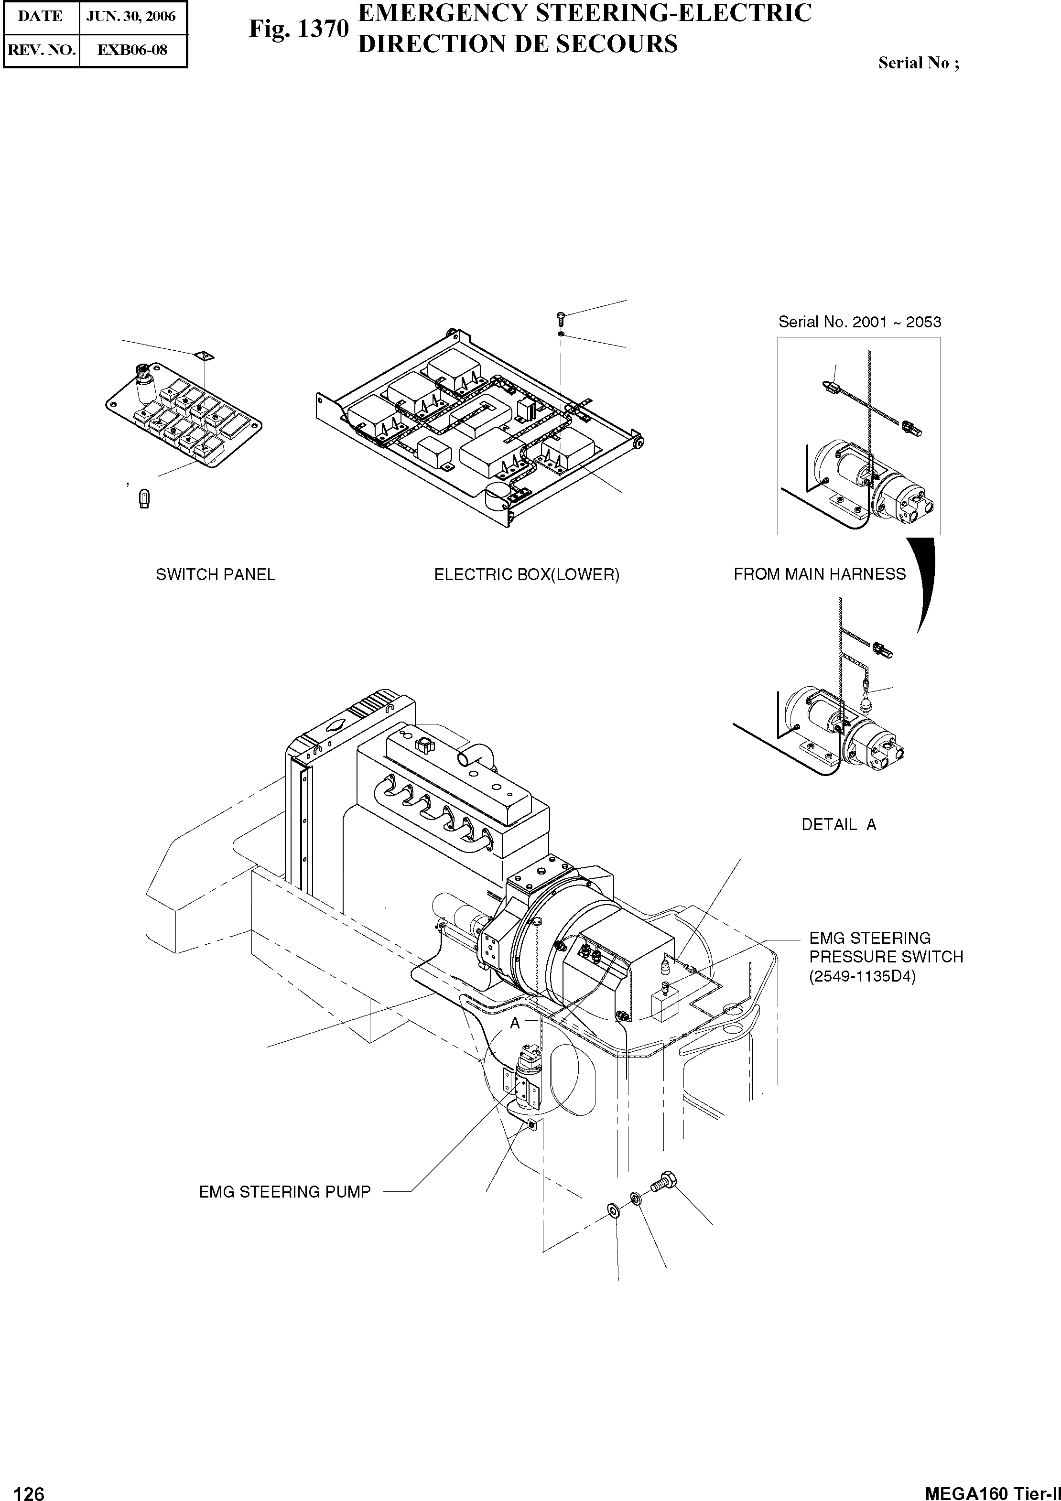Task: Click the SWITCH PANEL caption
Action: [x=215, y=574]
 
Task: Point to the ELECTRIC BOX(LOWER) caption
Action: [x=526, y=574]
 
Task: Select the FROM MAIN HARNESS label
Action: [x=819, y=574]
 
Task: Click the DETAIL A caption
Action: [x=839, y=825]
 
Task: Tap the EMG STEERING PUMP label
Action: [x=284, y=1192]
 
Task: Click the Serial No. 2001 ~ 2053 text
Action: [x=859, y=322]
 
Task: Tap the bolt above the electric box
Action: [x=560, y=318]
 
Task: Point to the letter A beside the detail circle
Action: [x=515, y=1023]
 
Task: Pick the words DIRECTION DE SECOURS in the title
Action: [x=518, y=44]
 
